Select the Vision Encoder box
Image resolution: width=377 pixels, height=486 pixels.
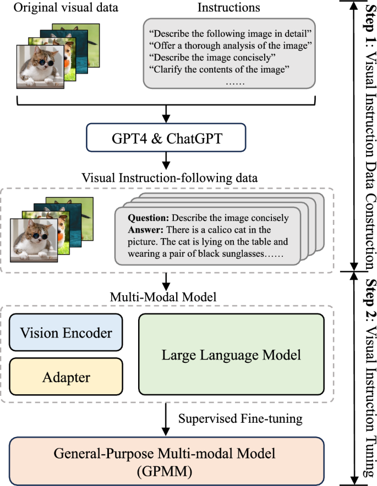tap(66, 333)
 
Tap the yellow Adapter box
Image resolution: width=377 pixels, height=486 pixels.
tap(66, 378)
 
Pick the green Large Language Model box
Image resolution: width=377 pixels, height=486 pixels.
tap(231, 355)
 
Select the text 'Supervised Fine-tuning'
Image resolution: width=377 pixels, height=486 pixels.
tap(241, 418)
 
